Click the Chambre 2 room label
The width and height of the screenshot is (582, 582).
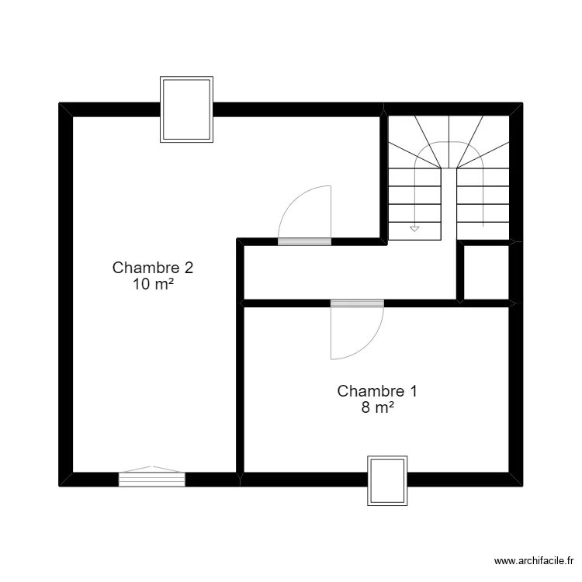point(153,268)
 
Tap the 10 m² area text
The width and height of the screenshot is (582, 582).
point(153,285)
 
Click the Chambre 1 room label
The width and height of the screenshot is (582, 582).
point(378,391)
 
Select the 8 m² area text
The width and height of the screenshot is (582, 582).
point(378,408)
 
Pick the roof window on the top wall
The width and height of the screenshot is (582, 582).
point(186,109)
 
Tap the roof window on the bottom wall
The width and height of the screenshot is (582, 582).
point(386,481)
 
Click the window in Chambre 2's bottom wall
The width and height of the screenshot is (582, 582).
point(151,479)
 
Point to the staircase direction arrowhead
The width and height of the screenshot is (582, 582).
point(414,229)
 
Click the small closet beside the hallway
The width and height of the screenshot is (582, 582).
point(485,272)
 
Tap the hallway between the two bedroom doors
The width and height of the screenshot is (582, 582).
point(349,272)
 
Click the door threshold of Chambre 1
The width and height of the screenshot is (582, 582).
point(357,303)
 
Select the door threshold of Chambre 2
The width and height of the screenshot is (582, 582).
point(304,241)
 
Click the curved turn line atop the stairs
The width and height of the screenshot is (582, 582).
point(449,145)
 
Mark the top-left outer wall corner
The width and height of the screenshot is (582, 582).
point(66,109)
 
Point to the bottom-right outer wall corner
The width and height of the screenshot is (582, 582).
point(516,480)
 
